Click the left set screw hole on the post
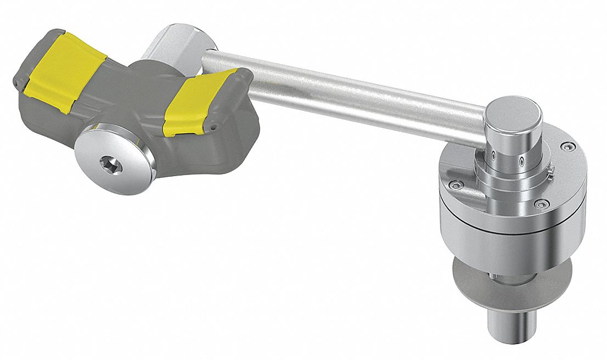pos(493,155)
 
